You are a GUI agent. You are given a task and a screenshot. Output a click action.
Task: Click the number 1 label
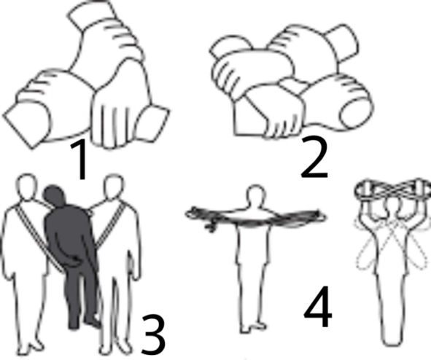pyautogui.click(x=79, y=159)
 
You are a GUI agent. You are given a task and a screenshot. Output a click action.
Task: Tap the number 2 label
pyautogui.click(x=314, y=157)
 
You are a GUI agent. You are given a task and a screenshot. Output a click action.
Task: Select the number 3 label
pyautogui.click(x=153, y=334)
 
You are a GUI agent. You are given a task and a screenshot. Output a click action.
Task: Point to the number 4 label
pyautogui.click(x=318, y=308)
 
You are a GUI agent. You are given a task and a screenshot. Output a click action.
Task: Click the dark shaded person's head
pyautogui.click(x=55, y=195)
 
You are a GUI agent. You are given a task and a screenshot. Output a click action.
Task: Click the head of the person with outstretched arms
pyautogui.click(x=256, y=195)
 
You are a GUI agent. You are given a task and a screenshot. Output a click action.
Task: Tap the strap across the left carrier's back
pyautogui.click(x=39, y=238)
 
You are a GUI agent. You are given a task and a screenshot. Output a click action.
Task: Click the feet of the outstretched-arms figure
pyautogui.click(x=253, y=328)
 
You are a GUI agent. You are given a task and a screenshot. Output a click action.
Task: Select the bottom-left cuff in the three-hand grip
pyautogui.click(x=27, y=124)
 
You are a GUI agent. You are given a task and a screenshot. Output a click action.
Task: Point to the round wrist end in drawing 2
pyautogui.click(x=354, y=113)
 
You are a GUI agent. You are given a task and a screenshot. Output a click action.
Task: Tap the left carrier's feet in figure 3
pyautogui.click(x=31, y=348)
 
